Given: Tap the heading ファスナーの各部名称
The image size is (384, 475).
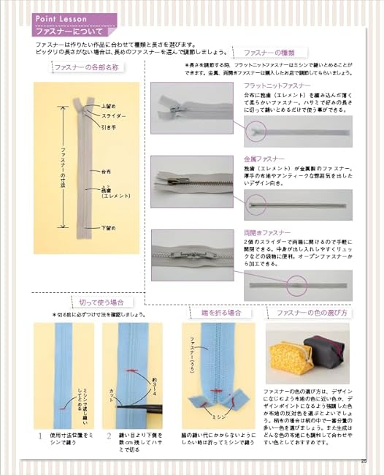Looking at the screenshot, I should [x=85, y=68].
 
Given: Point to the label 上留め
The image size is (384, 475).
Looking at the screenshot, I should [x=107, y=107].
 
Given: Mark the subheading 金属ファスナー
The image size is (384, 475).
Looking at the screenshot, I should [x=264, y=158].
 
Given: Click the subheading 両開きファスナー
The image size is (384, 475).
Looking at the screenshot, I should [x=266, y=232].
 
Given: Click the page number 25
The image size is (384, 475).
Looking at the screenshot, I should [x=364, y=460].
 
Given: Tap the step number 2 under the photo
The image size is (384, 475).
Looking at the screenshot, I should [x=107, y=436].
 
